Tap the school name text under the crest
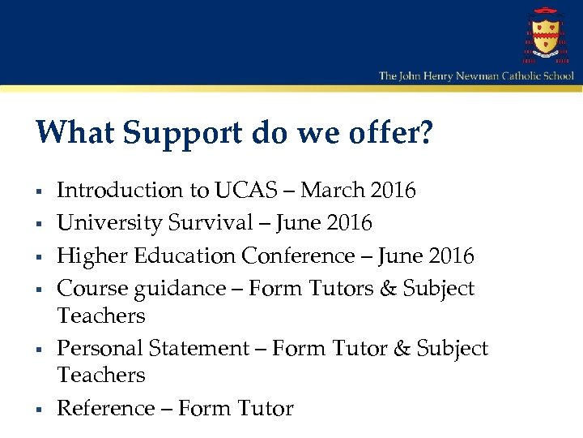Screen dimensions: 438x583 (476, 76)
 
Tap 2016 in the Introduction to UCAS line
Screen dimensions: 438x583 (391, 191)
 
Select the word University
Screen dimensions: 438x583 (108, 222)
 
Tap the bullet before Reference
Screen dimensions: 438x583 (39, 410)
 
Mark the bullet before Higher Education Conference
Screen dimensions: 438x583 (39, 258)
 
